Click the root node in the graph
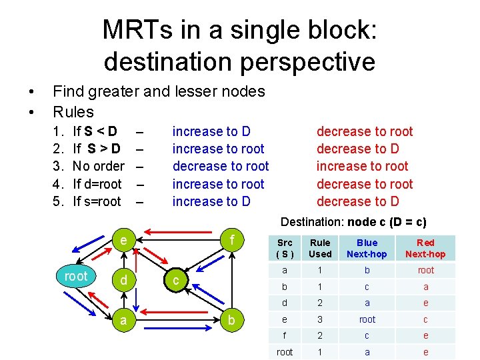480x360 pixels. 75,277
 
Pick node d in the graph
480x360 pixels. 124,281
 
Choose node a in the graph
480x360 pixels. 125,320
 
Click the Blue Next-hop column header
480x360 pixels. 367,248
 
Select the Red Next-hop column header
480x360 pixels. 425,248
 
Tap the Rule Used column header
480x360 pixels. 320,248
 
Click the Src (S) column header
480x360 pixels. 285,248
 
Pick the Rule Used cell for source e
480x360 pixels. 320,319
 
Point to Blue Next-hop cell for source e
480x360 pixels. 367,319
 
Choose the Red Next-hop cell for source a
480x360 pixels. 425,270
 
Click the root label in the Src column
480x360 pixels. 285,352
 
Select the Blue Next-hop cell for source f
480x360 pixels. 367,336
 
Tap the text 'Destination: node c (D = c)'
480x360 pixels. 353,222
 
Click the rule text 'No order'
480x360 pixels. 98,166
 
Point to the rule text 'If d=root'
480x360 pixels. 97,184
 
